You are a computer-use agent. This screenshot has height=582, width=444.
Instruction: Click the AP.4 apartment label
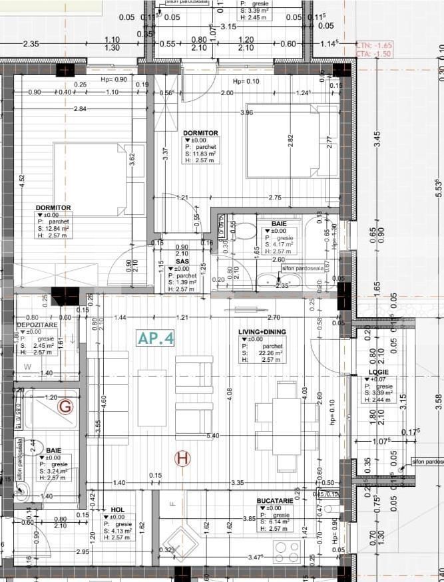click(156, 337)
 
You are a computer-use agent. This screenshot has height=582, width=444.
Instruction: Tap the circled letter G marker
click(65, 406)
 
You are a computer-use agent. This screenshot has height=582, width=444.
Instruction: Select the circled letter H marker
click(182, 458)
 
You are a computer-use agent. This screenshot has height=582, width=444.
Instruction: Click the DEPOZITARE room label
click(37, 325)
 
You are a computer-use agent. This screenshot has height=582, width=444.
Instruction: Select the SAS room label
click(183, 261)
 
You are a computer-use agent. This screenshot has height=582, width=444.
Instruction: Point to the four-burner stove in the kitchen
click(287, 550)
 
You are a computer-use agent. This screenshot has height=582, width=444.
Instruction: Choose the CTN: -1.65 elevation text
click(374, 45)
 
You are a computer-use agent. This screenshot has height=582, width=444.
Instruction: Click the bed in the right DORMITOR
click(290, 141)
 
